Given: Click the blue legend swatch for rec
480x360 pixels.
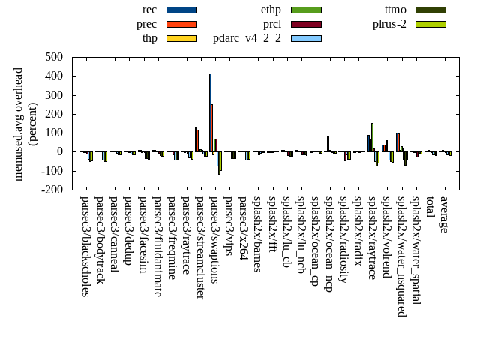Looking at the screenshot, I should (x=181, y=10).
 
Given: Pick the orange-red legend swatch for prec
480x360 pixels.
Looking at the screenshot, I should (x=181, y=24).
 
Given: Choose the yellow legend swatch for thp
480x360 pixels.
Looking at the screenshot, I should (x=181, y=38).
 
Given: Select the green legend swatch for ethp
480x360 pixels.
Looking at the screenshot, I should (x=306, y=10).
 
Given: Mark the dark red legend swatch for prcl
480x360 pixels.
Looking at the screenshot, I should (x=306, y=24).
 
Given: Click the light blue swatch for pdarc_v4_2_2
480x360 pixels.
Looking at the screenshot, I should (x=306, y=38).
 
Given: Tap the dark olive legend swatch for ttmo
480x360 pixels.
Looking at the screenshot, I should (x=430, y=10).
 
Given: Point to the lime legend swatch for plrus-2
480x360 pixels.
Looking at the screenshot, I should (x=430, y=24).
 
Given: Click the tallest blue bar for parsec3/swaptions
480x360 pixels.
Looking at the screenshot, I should (x=210, y=112).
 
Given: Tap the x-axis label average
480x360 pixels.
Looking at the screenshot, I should (x=444, y=214).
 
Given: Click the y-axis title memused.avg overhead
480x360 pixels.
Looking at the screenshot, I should (x=19, y=124).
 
